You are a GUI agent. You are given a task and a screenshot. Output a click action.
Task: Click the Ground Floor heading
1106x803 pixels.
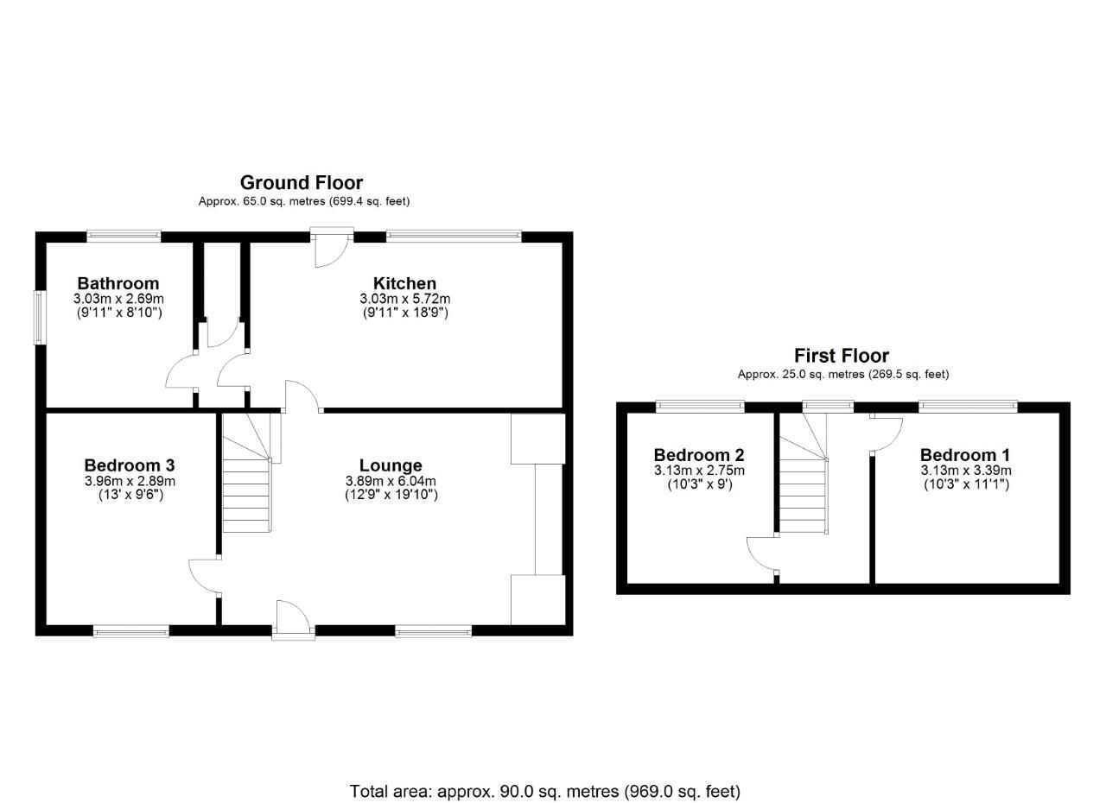click(x=301, y=182)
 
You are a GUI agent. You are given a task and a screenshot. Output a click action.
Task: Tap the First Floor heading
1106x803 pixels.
click(x=841, y=356)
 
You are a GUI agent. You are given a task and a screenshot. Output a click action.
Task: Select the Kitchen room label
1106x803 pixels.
click(x=404, y=283)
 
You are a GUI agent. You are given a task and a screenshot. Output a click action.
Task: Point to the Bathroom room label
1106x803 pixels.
click(x=118, y=283)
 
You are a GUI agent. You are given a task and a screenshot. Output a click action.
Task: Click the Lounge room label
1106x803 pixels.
click(x=391, y=465)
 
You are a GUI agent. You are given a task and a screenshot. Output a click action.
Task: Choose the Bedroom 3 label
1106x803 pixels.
click(x=130, y=465)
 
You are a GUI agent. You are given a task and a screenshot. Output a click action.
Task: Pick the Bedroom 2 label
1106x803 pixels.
click(x=699, y=455)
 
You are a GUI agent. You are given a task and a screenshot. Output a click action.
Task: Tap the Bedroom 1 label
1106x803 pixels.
click(x=965, y=455)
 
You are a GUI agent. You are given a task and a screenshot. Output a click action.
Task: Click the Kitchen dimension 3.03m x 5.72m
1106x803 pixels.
click(x=404, y=299)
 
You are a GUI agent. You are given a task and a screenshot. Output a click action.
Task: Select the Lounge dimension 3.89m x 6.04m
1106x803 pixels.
click(x=391, y=481)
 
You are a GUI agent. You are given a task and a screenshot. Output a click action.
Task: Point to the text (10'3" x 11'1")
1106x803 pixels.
click(x=965, y=485)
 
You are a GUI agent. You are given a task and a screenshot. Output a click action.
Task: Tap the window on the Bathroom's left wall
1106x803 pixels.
click(x=40, y=317)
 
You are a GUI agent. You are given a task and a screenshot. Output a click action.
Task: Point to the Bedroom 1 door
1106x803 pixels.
click(x=886, y=433)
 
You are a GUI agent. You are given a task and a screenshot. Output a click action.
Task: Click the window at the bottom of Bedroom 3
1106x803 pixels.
click(x=131, y=632)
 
